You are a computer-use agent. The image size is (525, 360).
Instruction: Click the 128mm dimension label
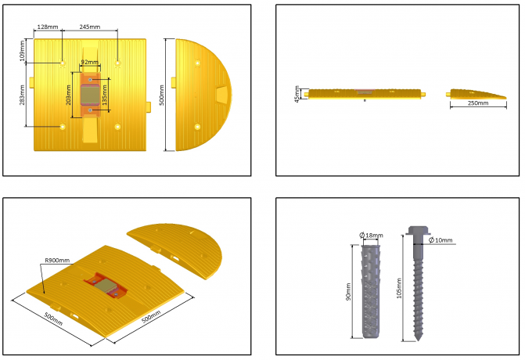click(x=48, y=27)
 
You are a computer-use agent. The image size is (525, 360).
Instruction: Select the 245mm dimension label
click(x=90, y=27)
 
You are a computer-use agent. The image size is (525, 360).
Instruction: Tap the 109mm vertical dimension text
click(x=23, y=51)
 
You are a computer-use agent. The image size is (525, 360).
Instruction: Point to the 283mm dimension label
click(x=23, y=95)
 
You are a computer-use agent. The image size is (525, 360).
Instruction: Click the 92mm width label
click(x=90, y=62)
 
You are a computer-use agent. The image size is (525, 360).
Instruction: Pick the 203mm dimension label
click(x=68, y=95)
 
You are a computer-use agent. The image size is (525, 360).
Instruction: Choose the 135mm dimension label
click(x=105, y=95)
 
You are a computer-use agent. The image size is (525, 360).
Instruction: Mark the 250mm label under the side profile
click(x=478, y=103)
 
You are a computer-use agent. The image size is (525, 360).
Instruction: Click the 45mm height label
click(x=297, y=94)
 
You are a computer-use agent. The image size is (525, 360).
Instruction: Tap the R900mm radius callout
click(x=57, y=260)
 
